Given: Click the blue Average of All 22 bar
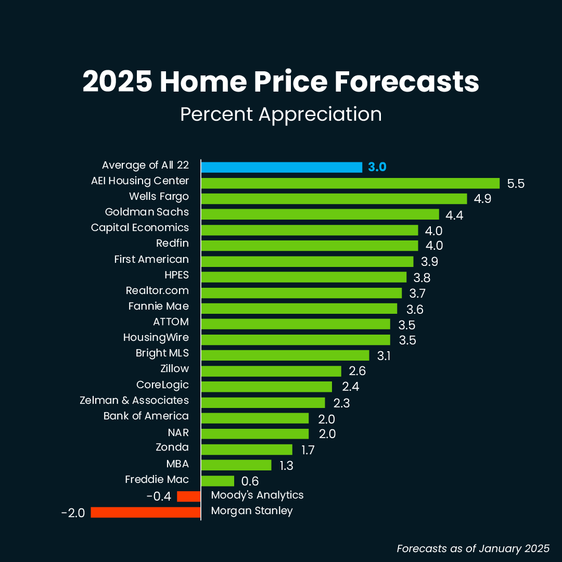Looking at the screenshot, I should click(282, 167).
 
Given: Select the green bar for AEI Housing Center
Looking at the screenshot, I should click(350, 183).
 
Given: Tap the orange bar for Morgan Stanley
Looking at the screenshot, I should click(146, 513).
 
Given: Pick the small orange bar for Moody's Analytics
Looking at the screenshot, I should click(189, 496).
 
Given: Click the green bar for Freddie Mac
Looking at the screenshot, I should click(218, 481).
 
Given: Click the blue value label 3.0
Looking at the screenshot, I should click(377, 168).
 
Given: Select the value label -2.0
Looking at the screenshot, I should click(72, 513).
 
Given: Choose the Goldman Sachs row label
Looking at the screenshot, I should click(147, 212).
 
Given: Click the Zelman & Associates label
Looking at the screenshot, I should click(134, 400).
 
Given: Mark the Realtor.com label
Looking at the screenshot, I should click(157, 290).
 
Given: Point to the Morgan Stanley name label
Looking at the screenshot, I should click(252, 510).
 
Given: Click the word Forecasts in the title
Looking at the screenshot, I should click(406, 82).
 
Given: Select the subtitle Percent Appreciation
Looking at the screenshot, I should click(281, 114).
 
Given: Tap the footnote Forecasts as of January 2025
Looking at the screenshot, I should click(473, 548).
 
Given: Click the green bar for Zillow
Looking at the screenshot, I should click(271, 371).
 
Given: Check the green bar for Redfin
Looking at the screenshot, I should click(310, 246).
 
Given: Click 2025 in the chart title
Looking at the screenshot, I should click(117, 82).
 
